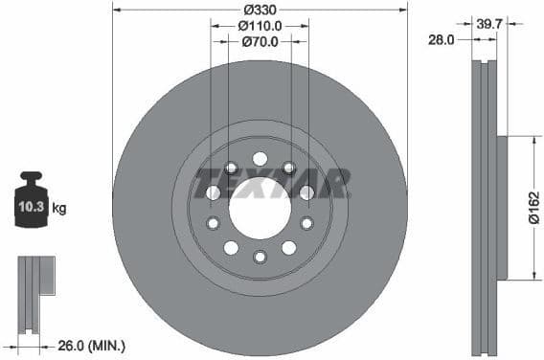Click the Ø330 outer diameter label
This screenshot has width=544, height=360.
pos(260,8)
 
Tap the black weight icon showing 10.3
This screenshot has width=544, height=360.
pos(32,202)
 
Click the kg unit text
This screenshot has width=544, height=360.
pos(58,208)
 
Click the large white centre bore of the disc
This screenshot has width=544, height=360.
pos(260,208)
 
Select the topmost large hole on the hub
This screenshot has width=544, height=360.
pos(260,159)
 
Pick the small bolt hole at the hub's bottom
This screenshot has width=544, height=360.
pos(260,257)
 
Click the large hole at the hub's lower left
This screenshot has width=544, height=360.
pos(231,248)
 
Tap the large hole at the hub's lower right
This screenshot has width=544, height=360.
pos(288,248)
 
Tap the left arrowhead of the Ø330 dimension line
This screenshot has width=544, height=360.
pos(117,8)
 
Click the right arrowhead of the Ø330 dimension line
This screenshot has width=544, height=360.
pos(403,8)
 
